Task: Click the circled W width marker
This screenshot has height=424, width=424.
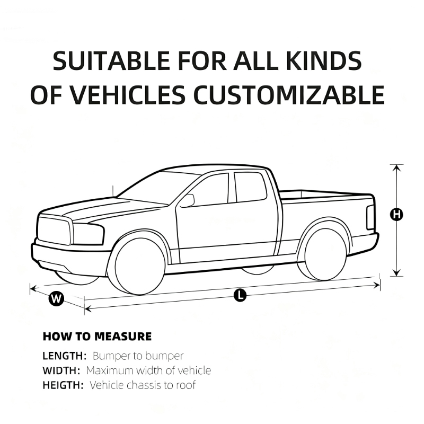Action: point(56,298)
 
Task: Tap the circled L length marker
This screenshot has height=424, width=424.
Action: point(240,295)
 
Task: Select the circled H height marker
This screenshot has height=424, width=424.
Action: point(396,215)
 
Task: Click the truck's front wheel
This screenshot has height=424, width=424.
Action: point(140,267)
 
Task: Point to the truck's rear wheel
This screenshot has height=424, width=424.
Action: point(325,254)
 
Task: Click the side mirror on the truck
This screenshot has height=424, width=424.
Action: point(187,201)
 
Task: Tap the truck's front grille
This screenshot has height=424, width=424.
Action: point(54,231)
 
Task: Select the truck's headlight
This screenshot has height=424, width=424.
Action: point(88,234)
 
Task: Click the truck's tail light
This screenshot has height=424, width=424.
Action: point(370,218)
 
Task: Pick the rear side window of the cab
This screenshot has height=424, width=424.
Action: point(250,187)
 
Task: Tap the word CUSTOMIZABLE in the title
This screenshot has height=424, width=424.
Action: point(289,95)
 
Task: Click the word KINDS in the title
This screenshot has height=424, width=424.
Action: point(324,60)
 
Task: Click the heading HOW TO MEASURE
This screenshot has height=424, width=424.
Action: point(98,337)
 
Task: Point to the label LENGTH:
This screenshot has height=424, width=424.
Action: point(64,356)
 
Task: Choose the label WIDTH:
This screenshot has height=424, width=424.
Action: point(61,370)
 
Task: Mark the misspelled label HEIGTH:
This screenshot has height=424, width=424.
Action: point(63,385)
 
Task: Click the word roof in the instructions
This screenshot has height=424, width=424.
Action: point(186,385)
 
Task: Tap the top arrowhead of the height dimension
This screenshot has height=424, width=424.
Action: point(396,167)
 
